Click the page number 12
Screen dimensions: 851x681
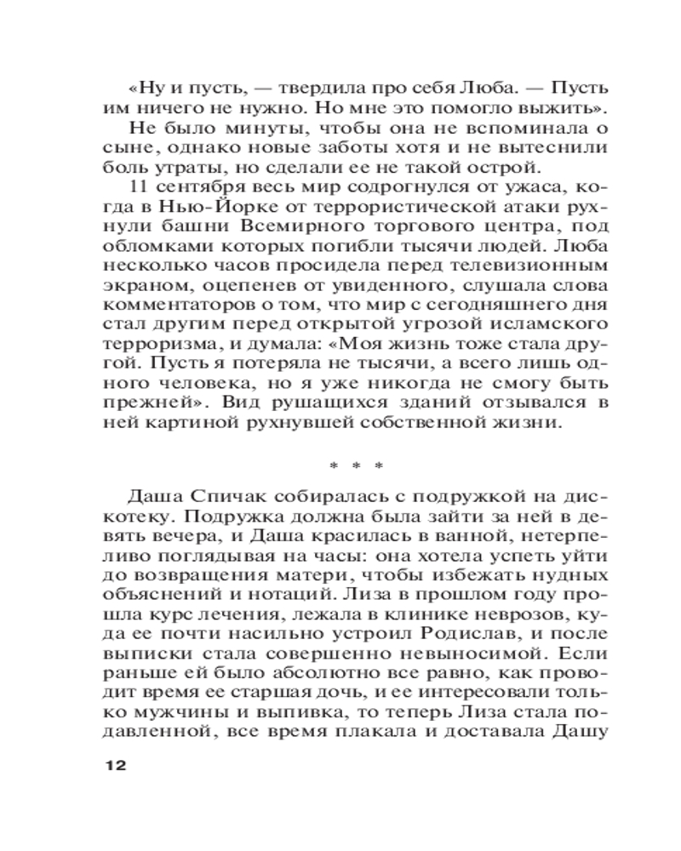click(x=114, y=765)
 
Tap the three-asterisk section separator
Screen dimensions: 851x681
click(x=357, y=465)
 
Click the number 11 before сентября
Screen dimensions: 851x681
click(x=142, y=186)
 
